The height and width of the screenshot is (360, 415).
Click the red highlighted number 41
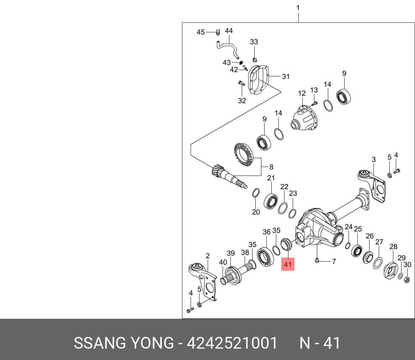pyautogui.click(x=288, y=264)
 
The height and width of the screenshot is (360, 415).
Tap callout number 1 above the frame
pyautogui.click(x=298, y=8)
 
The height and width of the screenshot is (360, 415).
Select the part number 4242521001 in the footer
pyautogui.click(x=232, y=343)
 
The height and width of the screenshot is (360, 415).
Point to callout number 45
pyautogui.click(x=201, y=32)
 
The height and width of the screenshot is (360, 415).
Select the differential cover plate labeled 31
pyautogui.click(x=259, y=80)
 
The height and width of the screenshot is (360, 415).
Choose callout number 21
pyautogui.click(x=271, y=178)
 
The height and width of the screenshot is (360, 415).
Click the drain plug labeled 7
pyautogui.click(x=317, y=261)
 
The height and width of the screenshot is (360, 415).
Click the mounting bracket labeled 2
pyautogui.click(x=204, y=281)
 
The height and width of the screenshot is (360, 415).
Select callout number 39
pyautogui.click(x=231, y=253)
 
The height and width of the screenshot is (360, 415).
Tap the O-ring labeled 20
pyautogui.click(x=255, y=193)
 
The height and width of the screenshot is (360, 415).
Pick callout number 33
pyautogui.click(x=254, y=42)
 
